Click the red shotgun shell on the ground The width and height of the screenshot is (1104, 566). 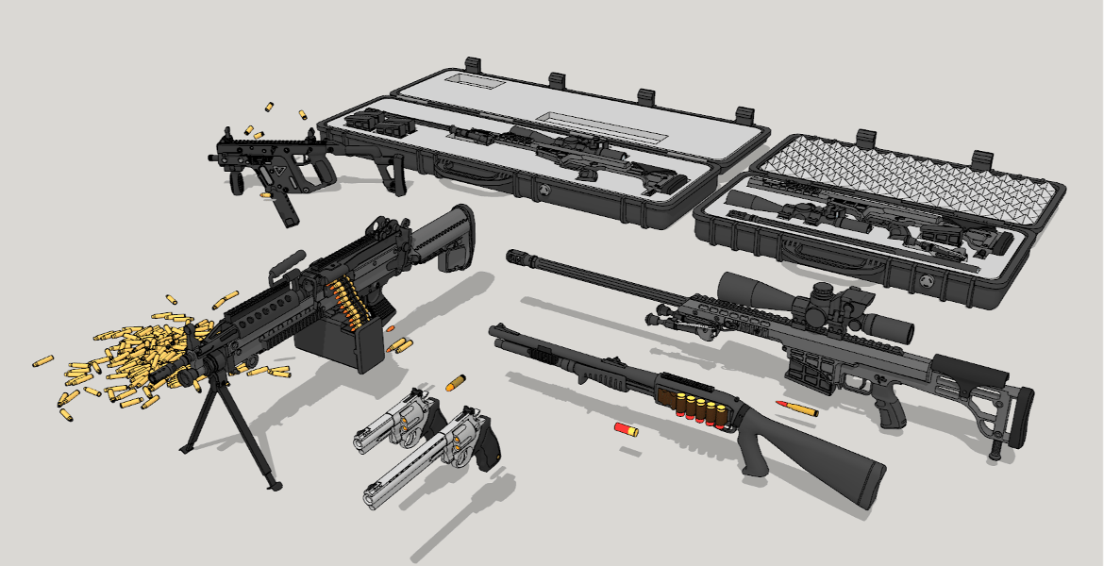point(626,430)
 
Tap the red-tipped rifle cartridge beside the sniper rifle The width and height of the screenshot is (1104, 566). point(797,408)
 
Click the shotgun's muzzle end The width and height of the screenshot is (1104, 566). point(497,332)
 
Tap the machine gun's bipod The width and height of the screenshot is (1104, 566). point(231,424)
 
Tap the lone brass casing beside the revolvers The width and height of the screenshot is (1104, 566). point(457,383)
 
